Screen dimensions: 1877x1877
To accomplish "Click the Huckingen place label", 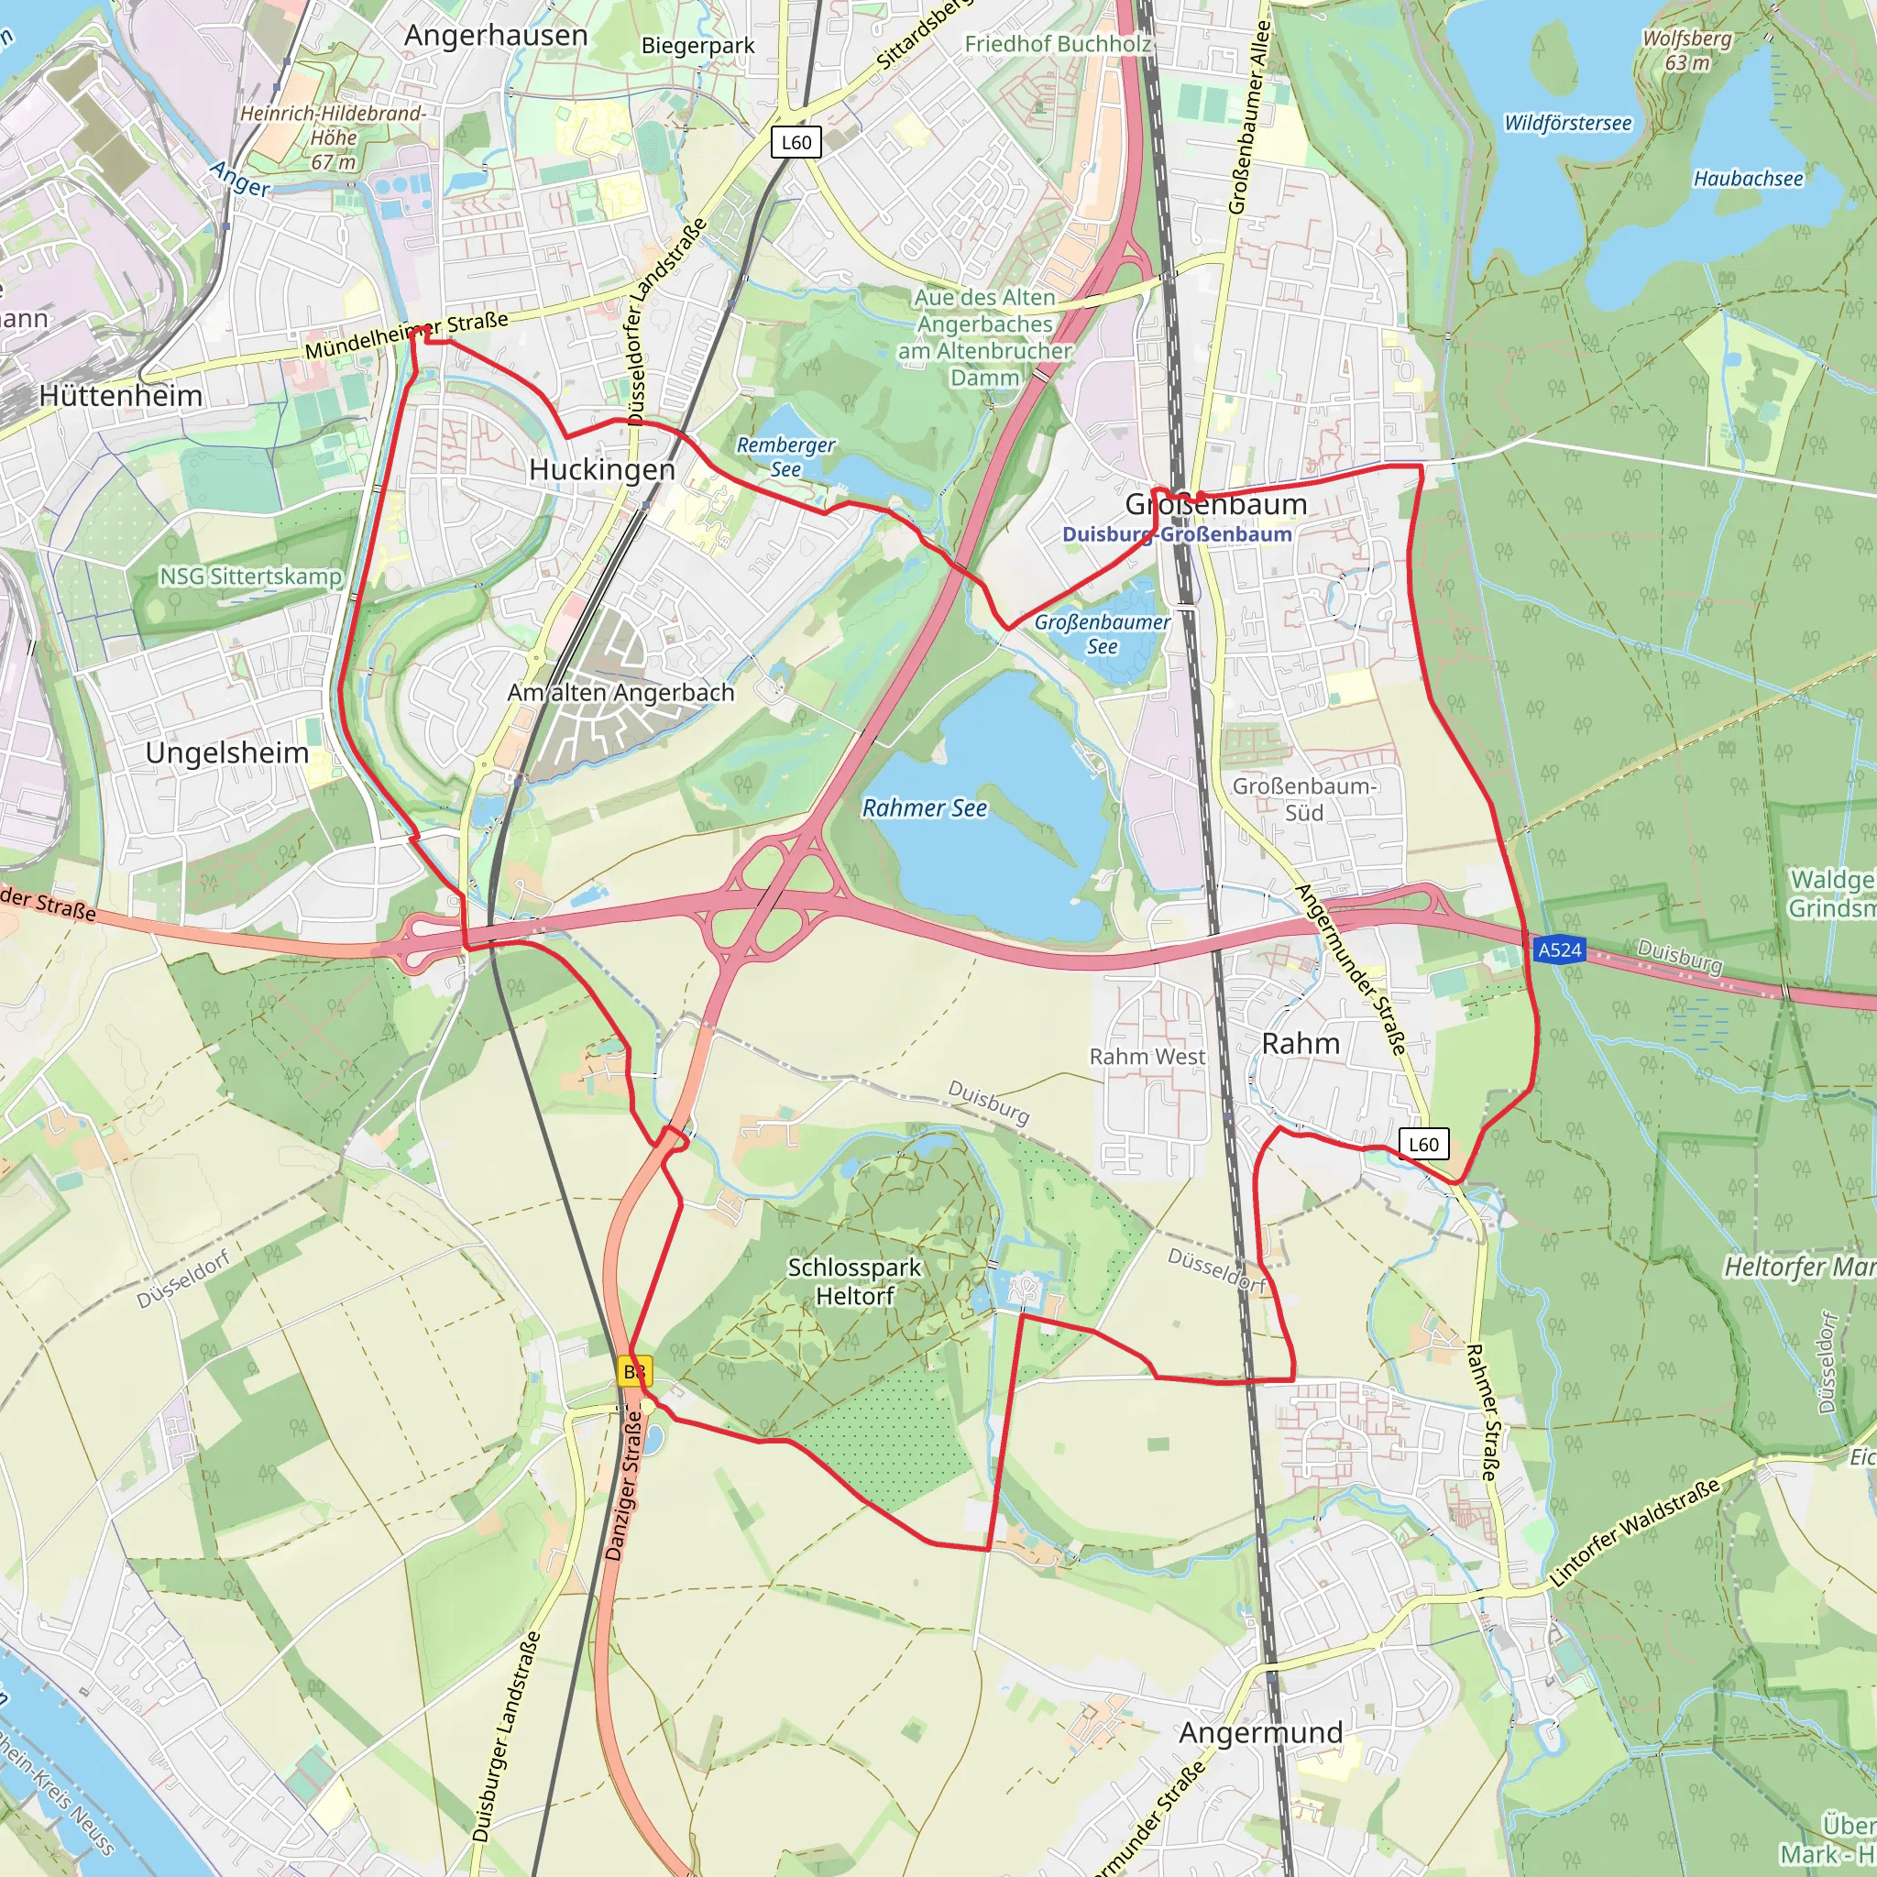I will (601, 470).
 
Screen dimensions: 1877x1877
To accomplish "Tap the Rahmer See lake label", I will (924, 808).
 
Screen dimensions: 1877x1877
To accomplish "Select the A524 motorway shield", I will (1559, 949).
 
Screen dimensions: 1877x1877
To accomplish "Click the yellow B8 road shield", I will (634, 1372).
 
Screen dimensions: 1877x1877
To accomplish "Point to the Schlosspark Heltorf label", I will (854, 1281).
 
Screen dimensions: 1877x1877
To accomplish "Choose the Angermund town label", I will (1260, 1732).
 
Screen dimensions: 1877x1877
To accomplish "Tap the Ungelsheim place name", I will (226, 753).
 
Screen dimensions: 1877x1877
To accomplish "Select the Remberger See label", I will (785, 456).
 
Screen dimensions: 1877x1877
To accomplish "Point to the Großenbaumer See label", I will (1102, 633).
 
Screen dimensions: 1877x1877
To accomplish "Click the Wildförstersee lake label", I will (1567, 124).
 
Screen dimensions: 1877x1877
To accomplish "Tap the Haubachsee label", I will (1748, 179).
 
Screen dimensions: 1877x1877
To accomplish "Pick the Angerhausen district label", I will (496, 36).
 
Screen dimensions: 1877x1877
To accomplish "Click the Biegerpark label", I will (697, 46).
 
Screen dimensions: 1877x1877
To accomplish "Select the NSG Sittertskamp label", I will (250, 576).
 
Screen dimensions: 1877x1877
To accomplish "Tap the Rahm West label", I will (1147, 1056).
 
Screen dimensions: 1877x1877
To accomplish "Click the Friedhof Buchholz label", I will (1057, 44).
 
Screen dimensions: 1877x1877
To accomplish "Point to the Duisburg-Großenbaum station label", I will (1176, 534).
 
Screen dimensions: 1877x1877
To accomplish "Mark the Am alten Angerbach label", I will (620, 693).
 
